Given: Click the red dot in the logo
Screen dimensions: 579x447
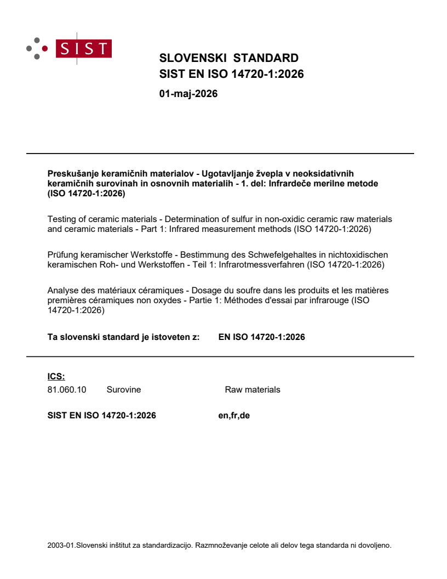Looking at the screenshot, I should click(x=44, y=48).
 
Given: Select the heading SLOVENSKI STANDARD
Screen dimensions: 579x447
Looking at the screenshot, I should click(x=228, y=58).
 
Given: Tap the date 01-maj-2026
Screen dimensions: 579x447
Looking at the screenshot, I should click(x=188, y=94).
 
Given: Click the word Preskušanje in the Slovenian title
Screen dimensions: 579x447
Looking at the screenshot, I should click(x=70, y=174).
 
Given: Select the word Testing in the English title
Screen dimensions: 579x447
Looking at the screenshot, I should click(x=62, y=219).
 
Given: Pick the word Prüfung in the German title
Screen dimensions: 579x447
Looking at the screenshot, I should click(x=62, y=255).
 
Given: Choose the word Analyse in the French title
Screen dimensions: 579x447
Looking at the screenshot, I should click(x=64, y=290).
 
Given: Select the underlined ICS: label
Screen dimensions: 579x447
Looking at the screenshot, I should click(x=56, y=377).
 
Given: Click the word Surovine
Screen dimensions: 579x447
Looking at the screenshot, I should click(x=123, y=390).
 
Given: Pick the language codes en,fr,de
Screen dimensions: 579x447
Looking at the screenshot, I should click(x=234, y=416).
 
